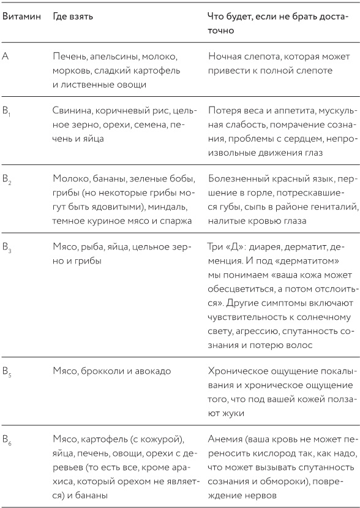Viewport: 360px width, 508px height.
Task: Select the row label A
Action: pyautogui.click(x=6, y=56)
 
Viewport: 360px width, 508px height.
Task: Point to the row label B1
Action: pyautogui.click(x=7, y=111)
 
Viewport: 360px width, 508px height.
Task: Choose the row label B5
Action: pyautogui.click(x=7, y=371)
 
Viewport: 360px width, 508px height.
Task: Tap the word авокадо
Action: pyautogui.click(x=152, y=371)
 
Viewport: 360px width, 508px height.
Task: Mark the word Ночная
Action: pyautogui.click(x=226, y=56)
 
